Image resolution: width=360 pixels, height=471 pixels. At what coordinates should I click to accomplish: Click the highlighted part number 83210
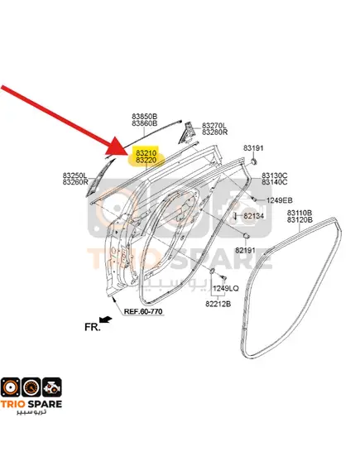[146, 153]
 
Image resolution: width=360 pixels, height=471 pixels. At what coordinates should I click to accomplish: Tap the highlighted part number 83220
[146, 160]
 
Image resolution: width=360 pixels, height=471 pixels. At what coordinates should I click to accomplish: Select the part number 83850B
[145, 116]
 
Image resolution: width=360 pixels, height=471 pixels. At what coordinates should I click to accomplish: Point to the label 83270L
[214, 125]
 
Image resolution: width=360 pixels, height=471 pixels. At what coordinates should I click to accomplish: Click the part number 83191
[253, 148]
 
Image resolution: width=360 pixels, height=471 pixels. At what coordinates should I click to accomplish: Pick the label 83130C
[275, 175]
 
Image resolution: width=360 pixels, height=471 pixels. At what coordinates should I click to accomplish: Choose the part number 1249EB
[279, 200]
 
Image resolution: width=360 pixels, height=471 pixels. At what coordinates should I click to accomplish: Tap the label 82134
[254, 216]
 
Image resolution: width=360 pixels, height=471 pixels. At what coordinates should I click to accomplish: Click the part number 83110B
[300, 213]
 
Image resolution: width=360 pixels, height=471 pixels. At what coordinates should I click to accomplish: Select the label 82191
[245, 250]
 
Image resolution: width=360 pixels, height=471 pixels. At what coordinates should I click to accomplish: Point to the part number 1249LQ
[226, 288]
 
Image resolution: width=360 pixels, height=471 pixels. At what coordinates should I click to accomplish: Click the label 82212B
[218, 304]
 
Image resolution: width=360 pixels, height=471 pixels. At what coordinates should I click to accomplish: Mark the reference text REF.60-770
[143, 311]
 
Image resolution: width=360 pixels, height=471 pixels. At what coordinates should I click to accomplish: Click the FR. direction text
[92, 327]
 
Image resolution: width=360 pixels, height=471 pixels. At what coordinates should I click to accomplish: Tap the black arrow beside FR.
[106, 320]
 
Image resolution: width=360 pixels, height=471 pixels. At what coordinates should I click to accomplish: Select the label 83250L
[75, 175]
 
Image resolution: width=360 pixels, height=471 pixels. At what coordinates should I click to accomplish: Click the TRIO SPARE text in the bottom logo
[31, 404]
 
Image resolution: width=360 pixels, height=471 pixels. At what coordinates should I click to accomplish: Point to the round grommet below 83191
[253, 161]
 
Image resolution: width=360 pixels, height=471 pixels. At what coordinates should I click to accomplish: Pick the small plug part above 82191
[246, 236]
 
